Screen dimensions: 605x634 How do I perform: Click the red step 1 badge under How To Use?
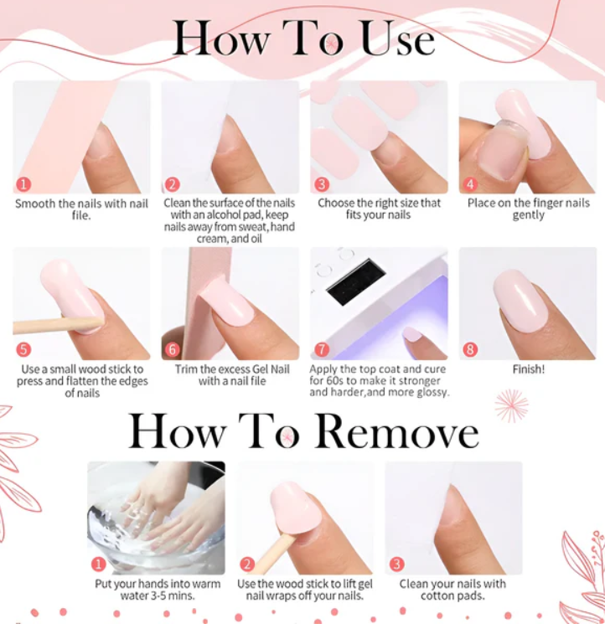pyautogui.click(x=23, y=184)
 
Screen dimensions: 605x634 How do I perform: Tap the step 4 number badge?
pyautogui.click(x=470, y=184)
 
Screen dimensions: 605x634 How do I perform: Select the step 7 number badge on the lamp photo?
pyautogui.click(x=322, y=349)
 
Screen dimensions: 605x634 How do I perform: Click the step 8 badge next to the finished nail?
pyautogui.click(x=470, y=349)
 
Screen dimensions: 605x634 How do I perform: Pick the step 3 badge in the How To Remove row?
pyautogui.click(x=396, y=564)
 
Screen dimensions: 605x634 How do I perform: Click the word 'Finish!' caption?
pyautogui.click(x=529, y=369)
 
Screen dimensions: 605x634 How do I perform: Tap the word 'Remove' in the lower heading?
pyautogui.click(x=396, y=431)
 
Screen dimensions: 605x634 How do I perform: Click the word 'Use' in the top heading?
pyautogui.click(x=398, y=38)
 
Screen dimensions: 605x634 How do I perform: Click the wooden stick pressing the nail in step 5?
pyautogui.click(x=58, y=324)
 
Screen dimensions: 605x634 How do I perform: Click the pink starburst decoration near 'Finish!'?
pyautogui.click(x=511, y=405)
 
